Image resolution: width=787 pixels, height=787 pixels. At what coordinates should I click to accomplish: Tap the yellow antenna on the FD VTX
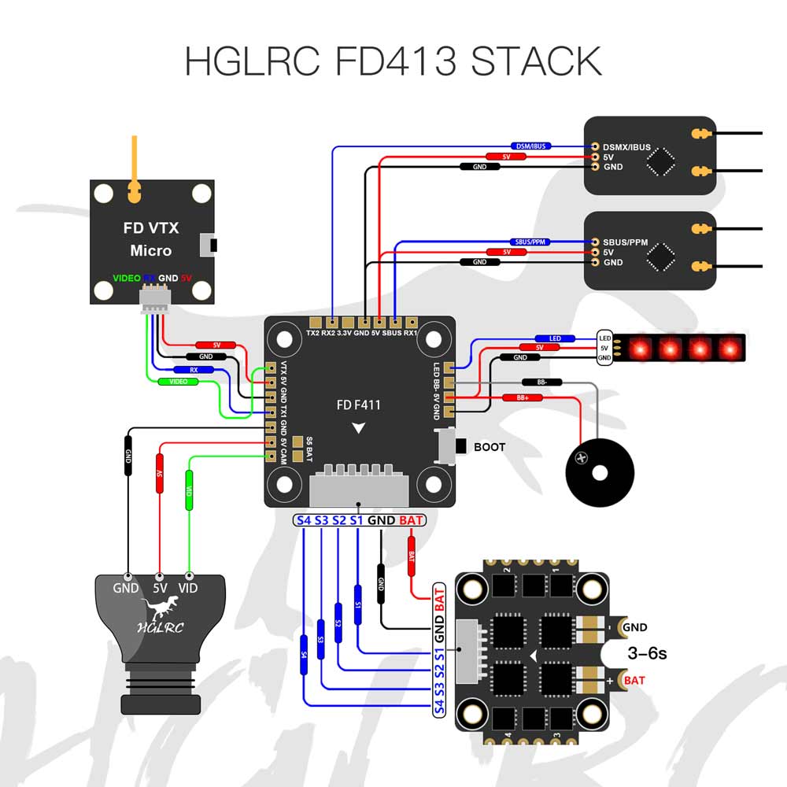point(135,166)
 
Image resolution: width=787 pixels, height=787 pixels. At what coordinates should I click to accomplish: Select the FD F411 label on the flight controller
point(358,405)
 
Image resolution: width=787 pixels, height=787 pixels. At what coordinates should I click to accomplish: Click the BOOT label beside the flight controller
point(490,447)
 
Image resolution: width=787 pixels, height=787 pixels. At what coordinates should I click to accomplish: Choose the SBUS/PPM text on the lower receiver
point(625,242)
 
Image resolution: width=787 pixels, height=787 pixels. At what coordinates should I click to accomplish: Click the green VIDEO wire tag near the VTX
point(178,382)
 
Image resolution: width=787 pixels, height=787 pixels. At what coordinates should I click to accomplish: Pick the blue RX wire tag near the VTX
point(194,369)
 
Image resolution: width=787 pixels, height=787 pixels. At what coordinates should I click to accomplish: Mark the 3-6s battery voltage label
point(648,653)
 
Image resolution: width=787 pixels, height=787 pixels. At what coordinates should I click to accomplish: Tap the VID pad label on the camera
point(189,588)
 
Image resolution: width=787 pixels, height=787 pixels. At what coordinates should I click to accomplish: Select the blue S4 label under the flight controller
point(304,520)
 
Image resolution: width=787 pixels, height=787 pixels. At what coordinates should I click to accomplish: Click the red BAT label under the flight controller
point(410,520)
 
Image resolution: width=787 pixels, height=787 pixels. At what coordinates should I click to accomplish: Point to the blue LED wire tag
point(554,338)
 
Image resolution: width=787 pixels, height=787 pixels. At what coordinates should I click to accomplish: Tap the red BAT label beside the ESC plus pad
point(634,680)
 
